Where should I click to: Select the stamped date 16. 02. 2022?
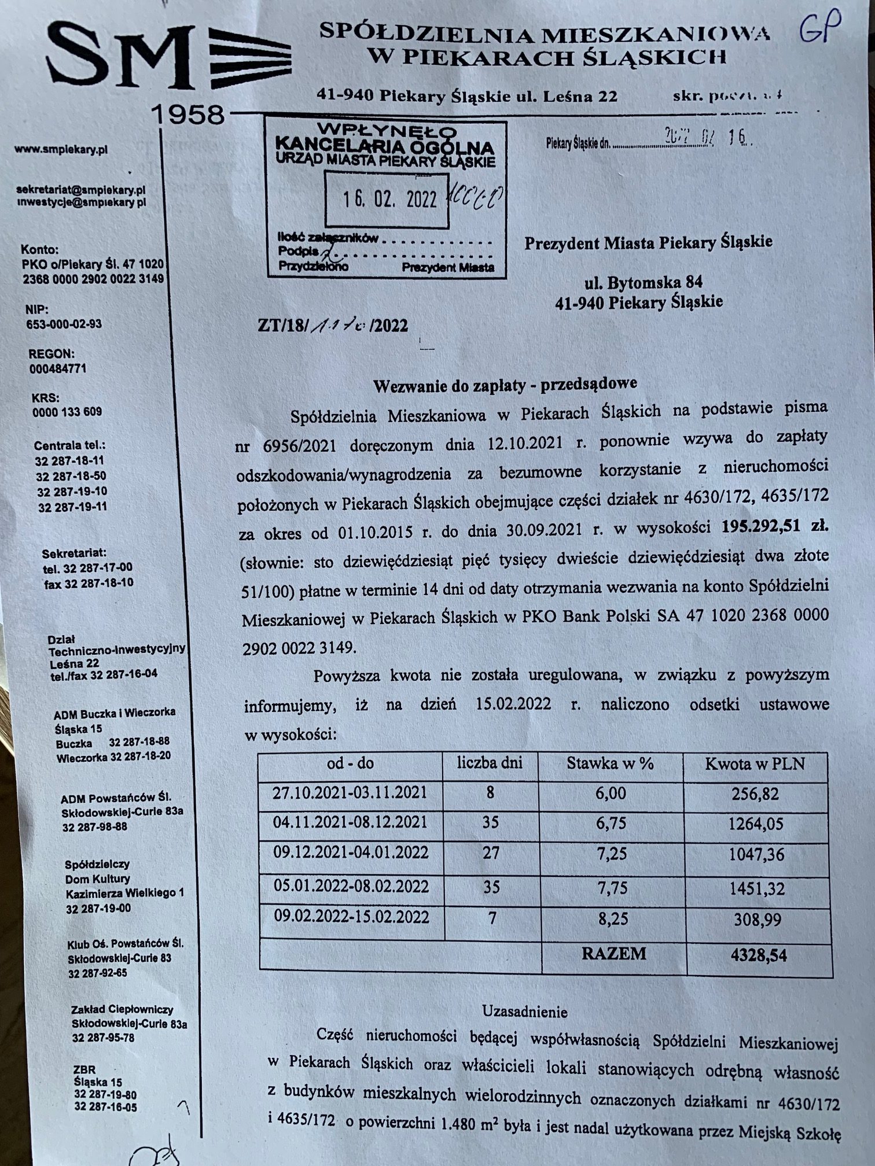click(389, 200)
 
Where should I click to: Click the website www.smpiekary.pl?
click(61, 149)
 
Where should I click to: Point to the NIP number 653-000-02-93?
click(64, 323)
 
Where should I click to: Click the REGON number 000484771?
click(58, 368)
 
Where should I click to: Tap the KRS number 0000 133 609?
click(67, 412)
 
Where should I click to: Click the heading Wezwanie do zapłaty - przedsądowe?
click(505, 384)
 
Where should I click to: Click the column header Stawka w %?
click(610, 763)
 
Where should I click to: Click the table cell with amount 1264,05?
click(756, 824)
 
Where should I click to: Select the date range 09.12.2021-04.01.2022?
click(351, 853)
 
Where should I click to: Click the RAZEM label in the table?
click(613, 954)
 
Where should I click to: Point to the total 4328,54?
click(758, 954)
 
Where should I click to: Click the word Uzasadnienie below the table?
click(525, 1012)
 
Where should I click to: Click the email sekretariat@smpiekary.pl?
click(81, 190)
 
